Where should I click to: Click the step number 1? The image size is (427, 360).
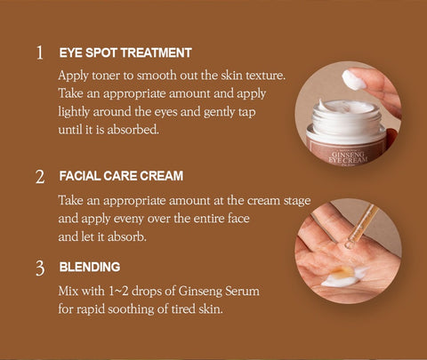coord(40,52)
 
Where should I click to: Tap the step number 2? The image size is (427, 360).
coord(40,177)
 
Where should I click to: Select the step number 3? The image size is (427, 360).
coord(40,268)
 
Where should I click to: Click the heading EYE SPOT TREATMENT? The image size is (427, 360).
coord(125,52)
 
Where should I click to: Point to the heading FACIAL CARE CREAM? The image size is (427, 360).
coord(121,176)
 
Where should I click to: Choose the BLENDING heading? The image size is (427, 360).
coord(90,267)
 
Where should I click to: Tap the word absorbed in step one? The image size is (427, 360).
coord(133,130)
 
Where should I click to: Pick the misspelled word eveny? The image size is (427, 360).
coord(129,219)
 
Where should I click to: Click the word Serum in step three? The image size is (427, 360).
coord(242,291)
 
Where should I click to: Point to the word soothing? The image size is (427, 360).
coord(131,309)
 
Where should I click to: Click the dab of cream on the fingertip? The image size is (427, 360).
coord(353,79)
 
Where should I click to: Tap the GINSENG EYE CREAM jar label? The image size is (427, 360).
coord(348,157)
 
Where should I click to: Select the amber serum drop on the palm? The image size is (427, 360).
coord(343,272)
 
